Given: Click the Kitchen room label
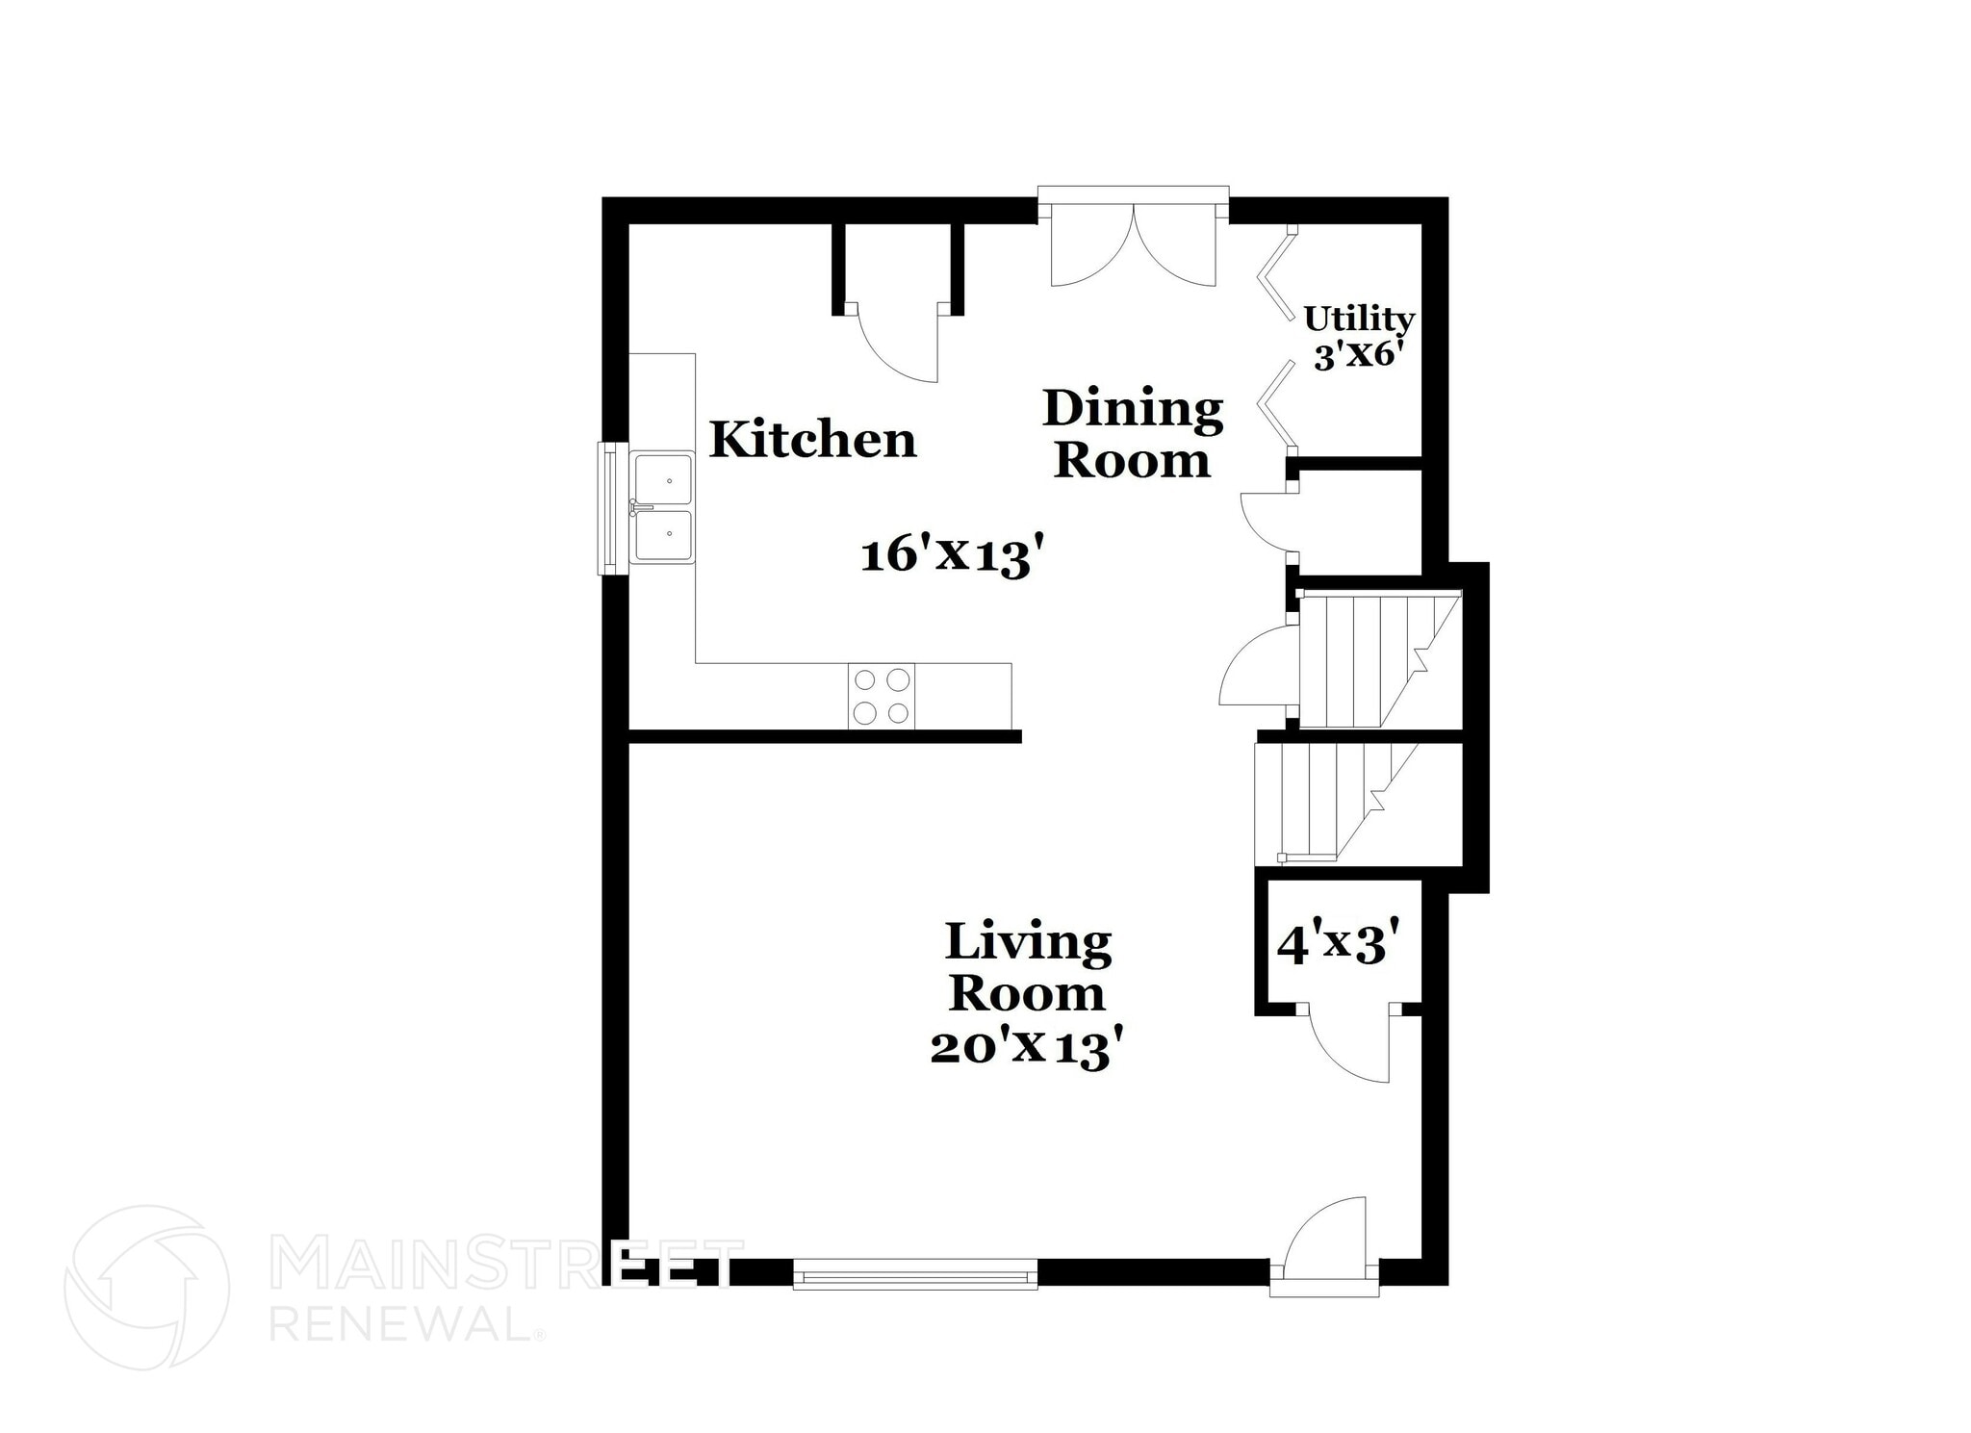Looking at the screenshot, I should pyautogui.click(x=813, y=440).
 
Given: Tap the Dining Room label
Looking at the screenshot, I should pyautogui.click(x=1133, y=434).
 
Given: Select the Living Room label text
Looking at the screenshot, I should pyautogui.click(x=1028, y=967).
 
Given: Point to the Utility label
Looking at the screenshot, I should pyautogui.click(x=1358, y=318).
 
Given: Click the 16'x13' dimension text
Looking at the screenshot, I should pyautogui.click(x=952, y=556).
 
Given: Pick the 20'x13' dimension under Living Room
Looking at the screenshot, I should pyautogui.click(x=1028, y=1047).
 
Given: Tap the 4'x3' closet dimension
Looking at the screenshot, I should pyautogui.click(x=1337, y=945).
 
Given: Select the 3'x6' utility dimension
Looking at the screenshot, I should pyautogui.click(x=1355, y=356).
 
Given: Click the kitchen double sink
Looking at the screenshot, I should pyautogui.click(x=664, y=507).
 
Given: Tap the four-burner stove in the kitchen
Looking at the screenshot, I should pyautogui.click(x=882, y=696).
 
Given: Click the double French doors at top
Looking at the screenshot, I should pyautogui.click(x=1134, y=252).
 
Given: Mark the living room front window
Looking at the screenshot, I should pyautogui.click(x=915, y=1274).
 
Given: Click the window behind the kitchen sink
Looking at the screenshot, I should pyautogui.click(x=610, y=507).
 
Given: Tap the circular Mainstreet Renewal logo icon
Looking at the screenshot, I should pyautogui.click(x=146, y=1288).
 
